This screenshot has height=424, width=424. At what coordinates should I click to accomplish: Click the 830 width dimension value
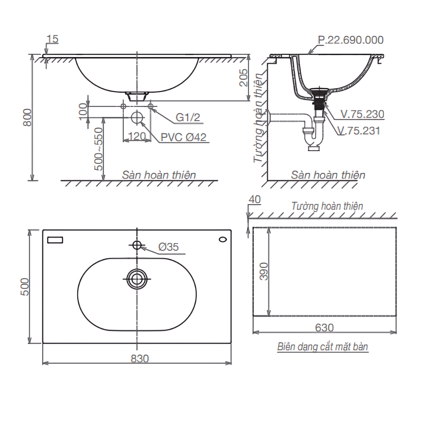click(x=139, y=358)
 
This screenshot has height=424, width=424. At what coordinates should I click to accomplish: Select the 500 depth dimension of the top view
click(x=25, y=287)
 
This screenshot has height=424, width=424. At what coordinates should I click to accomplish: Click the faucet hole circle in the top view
click(x=137, y=245)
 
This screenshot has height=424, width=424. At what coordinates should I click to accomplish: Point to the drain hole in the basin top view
click(x=137, y=278)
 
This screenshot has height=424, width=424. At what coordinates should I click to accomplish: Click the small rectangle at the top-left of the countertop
click(x=55, y=240)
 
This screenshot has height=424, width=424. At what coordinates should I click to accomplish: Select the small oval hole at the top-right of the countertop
click(x=223, y=240)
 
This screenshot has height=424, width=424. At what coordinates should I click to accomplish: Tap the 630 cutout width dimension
click(x=324, y=327)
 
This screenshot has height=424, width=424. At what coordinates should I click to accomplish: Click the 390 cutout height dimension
click(x=264, y=271)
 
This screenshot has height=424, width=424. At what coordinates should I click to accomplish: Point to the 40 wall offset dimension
click(x=254, y=199)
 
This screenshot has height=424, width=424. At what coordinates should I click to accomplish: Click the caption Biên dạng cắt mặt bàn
click(x=323, y=347)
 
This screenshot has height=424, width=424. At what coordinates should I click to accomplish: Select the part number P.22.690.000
click(x=351, y=40)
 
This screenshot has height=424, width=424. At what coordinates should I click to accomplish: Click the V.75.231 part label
click(x=360, y=131)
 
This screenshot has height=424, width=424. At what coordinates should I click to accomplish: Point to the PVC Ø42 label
click(x=183, y=137)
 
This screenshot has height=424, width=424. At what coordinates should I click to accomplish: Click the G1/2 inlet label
click(x=187, y=118)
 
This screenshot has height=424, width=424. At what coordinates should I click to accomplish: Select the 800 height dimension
click(x=26, y=117)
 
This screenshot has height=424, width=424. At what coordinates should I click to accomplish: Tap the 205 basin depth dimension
click(x=243, y=78)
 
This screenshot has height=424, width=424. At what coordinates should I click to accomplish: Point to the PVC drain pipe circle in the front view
click(x=137, y=117)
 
